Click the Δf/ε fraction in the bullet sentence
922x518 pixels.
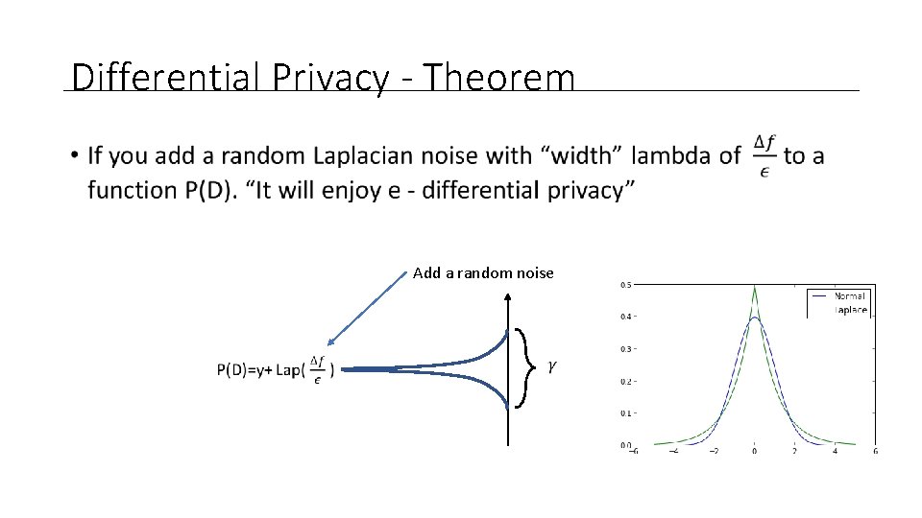(x=764, y=155)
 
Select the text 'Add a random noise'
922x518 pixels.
(x=483, y=273)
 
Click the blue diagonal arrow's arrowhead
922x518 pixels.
(x=329, y=341)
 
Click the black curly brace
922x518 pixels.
(x=524, y=367)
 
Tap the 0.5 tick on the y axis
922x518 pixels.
(x=624, y=284)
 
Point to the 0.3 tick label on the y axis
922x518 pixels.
(x=624, y=349)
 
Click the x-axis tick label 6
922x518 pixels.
(x=876, y=451)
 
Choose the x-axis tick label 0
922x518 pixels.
(x=754, y=451)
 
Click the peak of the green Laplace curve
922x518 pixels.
(x=754, y=286)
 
